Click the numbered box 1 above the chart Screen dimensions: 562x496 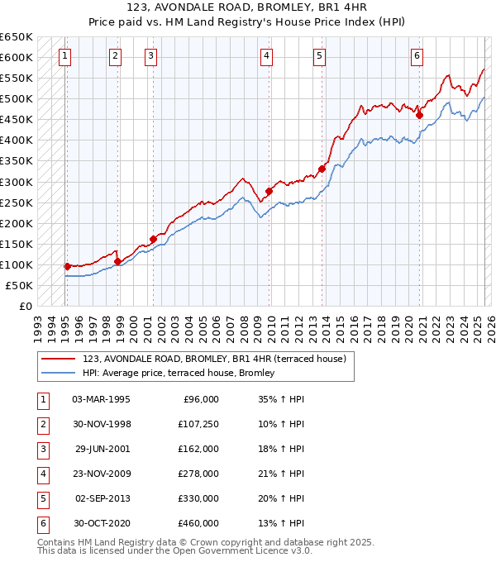[x=64, y=56]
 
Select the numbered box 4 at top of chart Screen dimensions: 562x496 [x=267, y=56]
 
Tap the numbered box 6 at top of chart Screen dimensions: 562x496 [x=417, y=56]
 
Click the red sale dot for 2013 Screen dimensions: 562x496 [x=322, y=169]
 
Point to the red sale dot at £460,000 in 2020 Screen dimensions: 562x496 [x=420, y=115]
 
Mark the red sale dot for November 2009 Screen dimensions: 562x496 [x=269, y=191]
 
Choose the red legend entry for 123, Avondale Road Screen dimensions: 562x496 [x=218, y=360]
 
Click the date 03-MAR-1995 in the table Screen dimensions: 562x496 [x=101, y=399]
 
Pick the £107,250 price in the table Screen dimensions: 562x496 [x=198, y=424]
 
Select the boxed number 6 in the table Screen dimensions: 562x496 [x=41, y=523]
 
